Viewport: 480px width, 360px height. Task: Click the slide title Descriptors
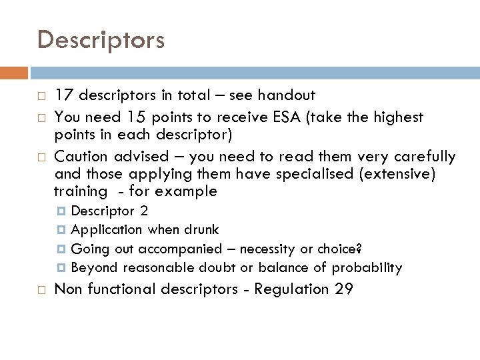point(101,41)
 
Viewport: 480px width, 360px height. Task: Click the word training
point(80,192)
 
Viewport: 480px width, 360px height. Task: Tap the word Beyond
point(94,268)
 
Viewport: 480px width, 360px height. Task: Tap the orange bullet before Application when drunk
point(63,230)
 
